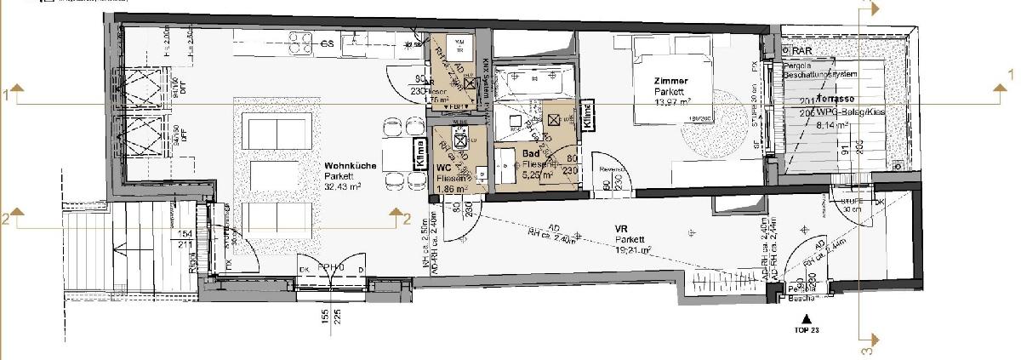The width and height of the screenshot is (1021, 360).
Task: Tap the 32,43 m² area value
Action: pyautogui.click(x=345, y=186)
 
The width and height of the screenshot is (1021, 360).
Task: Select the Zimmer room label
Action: pyautogui.click(x=670, y=81)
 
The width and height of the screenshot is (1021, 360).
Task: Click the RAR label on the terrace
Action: pyautogui.click(x=802, y=51)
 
